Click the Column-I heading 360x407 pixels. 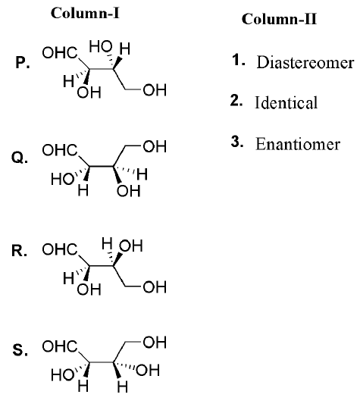(85, 13)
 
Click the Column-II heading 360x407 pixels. (279, 19)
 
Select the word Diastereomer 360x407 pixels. (305, 62)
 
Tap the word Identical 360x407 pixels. (286, 102)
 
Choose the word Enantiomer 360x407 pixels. (298, 144)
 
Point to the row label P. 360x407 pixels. (23, 62)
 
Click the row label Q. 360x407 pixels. (20, 158)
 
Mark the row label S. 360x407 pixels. (20, 349)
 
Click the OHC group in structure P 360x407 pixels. (60, 53)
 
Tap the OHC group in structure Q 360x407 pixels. (60, 150)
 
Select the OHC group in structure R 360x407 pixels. (60, 249)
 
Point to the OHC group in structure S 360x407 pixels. (60, 346)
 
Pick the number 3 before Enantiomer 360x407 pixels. (237, 142)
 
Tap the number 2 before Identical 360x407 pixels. (236, 101)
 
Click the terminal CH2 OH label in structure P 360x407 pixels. (155, 90)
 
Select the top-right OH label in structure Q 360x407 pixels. (155, 146)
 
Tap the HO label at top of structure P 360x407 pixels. (101, 47)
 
